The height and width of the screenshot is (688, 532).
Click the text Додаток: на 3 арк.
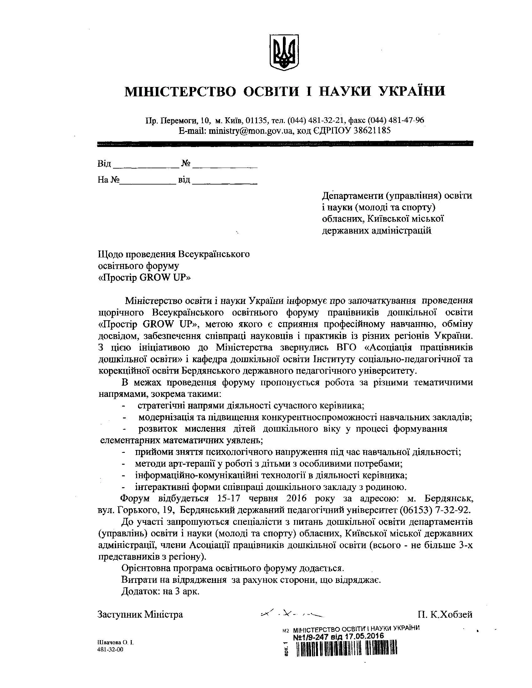point(161,591)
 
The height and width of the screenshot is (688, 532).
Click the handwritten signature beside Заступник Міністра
point(292,614)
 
